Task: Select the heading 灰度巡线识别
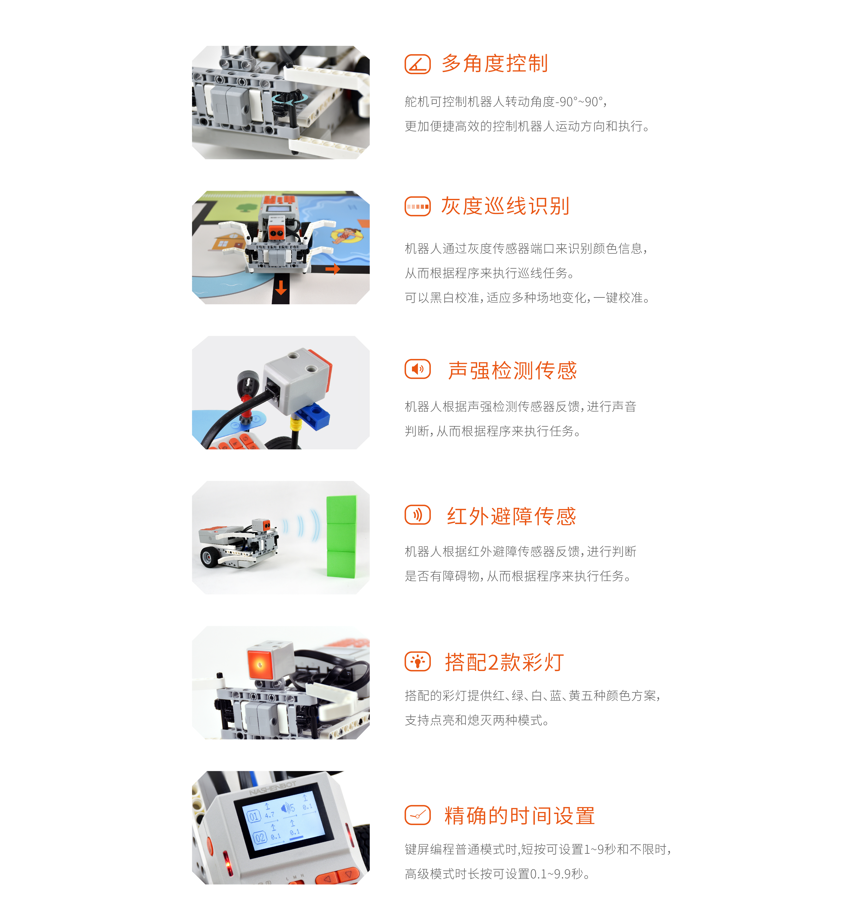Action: [505, 206]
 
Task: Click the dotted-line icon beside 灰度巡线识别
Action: [417, 206]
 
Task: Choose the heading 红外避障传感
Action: [512, 516]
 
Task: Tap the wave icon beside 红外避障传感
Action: [417, 515]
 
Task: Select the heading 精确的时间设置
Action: [519, 816]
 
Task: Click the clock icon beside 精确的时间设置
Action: [417, 815]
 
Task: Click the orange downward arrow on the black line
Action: [281, 288]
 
